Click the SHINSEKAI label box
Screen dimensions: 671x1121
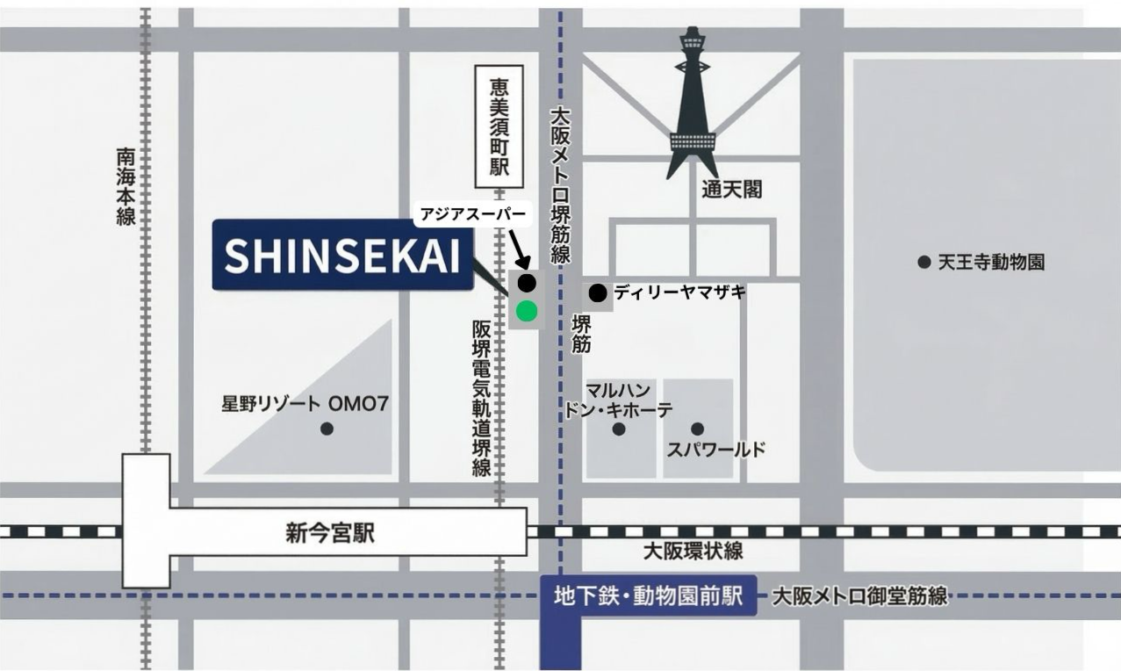click(341, 255)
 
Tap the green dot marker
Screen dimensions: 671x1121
click(527, 311)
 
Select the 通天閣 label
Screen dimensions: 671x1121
click(731, 189)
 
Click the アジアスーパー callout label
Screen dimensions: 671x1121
click(472, 214)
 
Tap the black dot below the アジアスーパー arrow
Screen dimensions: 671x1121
click(527, 283)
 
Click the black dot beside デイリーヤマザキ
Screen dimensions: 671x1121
click(598, 292)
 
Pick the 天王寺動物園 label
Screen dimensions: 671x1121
click(991, 262)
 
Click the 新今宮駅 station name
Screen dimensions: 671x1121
click(329, 533)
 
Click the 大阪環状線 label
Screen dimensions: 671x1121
click(693, 552)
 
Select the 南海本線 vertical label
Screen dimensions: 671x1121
click(126, 185)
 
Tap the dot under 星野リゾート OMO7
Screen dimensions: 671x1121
click(327, 429)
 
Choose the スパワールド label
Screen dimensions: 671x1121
click(716, 450)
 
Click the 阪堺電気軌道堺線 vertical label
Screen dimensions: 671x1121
click(481, 398)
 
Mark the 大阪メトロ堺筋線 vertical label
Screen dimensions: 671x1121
click(560, 186)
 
